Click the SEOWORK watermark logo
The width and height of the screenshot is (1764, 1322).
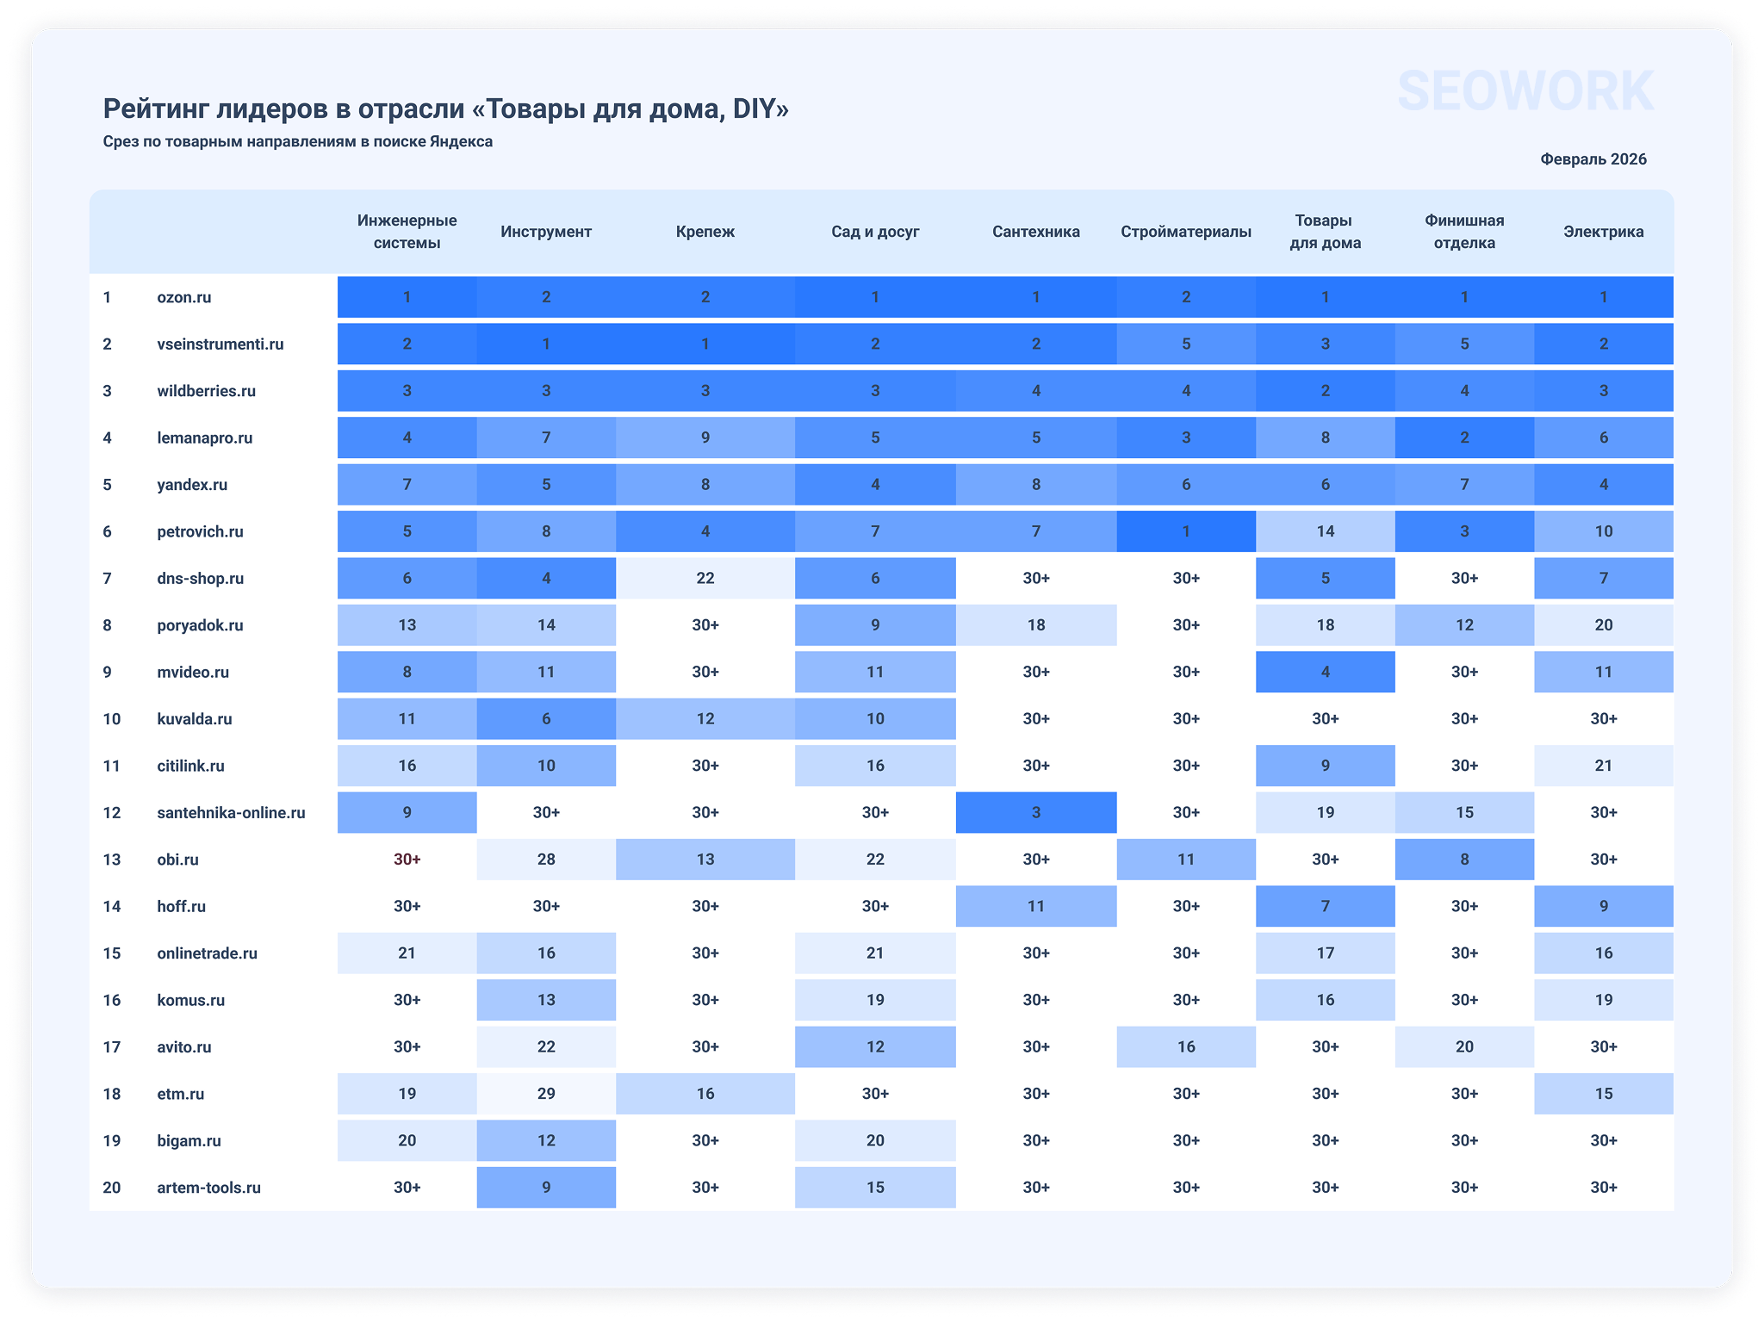tap(1525, 91)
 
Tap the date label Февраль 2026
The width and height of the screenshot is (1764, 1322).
tap(1593, 159)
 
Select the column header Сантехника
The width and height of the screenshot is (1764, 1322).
tap(1035, 232)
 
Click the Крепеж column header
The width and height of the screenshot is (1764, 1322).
tap(705, 232)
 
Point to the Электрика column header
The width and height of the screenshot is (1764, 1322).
tap(1603, 232)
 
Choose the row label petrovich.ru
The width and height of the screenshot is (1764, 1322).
tap(200, 531)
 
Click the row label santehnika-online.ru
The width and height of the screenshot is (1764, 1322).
tap(231, 812)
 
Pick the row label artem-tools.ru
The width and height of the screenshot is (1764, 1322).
tap(208, 1188)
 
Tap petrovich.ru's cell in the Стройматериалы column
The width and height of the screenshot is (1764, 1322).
tap(1186, 531)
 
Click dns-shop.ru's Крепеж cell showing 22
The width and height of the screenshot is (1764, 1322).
tap(705, 578)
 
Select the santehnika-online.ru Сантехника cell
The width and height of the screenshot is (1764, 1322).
tap(1035, 812)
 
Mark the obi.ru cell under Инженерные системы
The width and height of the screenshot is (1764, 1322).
tap(407, 860)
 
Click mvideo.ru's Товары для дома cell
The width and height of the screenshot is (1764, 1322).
tap(1325, 672)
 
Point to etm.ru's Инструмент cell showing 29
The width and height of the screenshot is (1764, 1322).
tap(546, 1094)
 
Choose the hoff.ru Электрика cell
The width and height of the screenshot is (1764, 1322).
tap(1603, 906)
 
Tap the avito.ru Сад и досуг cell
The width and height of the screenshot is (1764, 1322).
tap(874, 1047)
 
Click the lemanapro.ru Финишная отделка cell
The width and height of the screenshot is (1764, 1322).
tap(1464, 438)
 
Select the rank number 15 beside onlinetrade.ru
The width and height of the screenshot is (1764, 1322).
tap(111, 953)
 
